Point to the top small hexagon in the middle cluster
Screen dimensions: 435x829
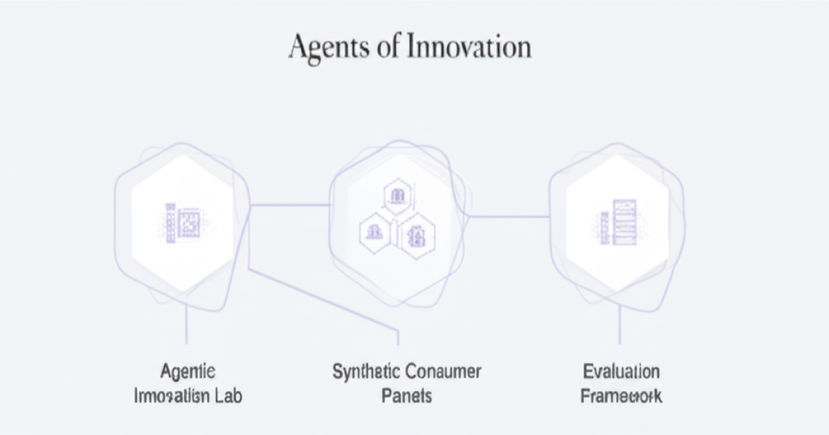[x=397, y=196]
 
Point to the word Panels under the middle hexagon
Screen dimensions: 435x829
[x=406, y=396]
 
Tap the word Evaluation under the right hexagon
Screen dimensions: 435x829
[x=621, y=372]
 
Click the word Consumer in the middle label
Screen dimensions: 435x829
[x=442, y=371]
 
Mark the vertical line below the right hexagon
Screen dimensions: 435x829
[x=620, y=325]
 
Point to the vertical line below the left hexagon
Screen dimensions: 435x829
[x=187, y=325]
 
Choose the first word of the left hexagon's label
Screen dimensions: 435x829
[x=188, y=372]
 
